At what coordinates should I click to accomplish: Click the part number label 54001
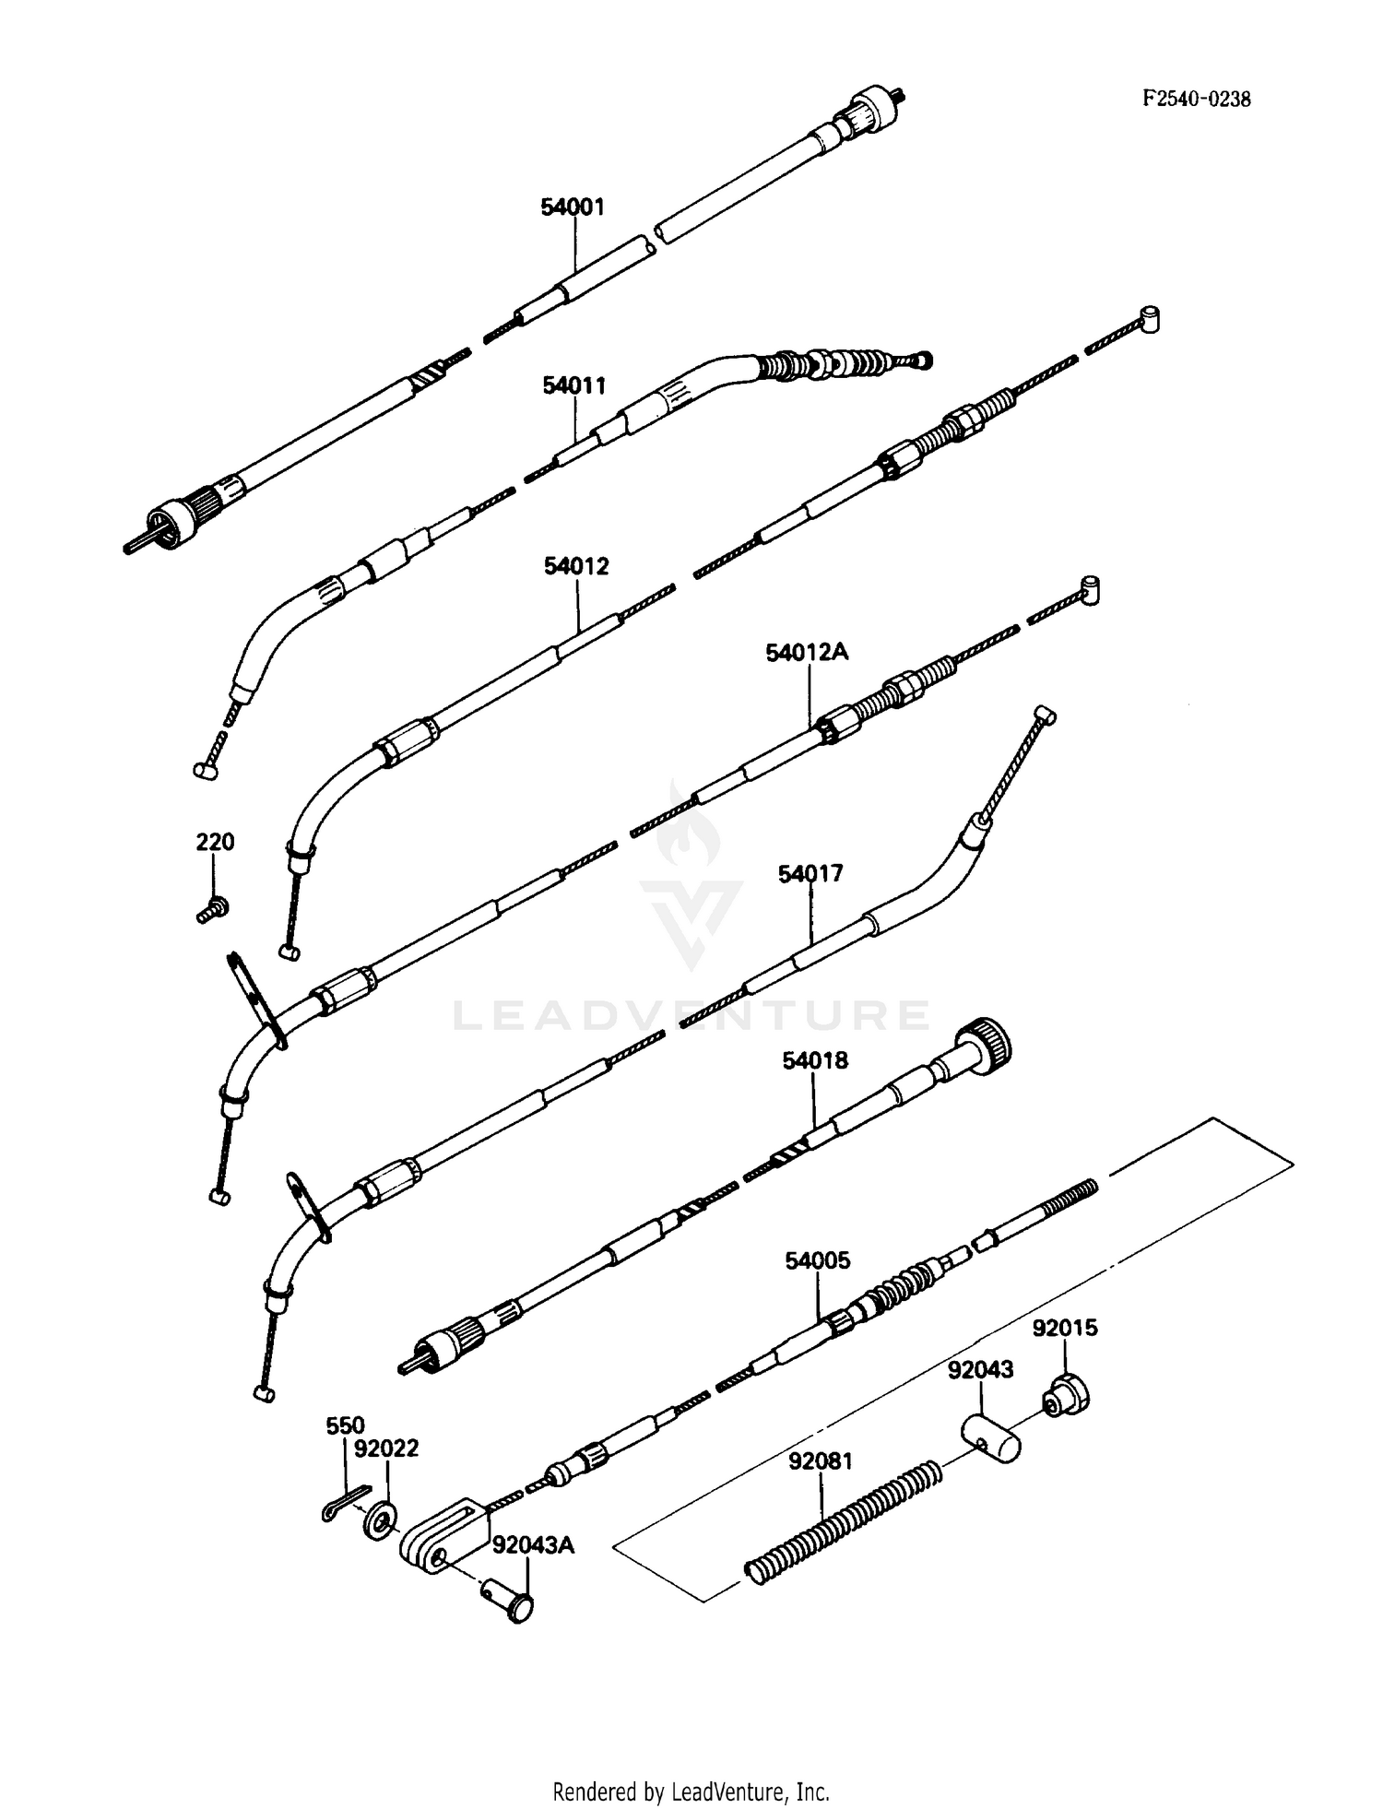pos(573,207)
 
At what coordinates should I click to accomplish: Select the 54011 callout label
pos(573,385)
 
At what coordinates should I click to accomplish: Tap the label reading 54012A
pos(807,653)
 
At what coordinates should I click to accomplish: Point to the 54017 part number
pos(810,873)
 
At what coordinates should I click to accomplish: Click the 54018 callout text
pos(815,1060)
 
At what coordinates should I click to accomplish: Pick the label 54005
pos(818,1260)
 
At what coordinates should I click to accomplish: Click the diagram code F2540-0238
pos(1197,100)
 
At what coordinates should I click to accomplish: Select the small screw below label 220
pos(213,910)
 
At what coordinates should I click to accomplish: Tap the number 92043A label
pos(532,1544)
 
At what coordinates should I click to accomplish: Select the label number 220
pos(214,842)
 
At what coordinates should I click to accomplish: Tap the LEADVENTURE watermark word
pos(691,1015)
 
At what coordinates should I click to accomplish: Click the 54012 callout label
pos(576,566)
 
